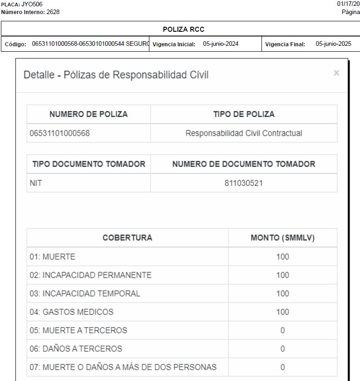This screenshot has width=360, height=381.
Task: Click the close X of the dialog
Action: [x=336, y=73]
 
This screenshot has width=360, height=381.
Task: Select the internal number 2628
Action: [x=53, y=12]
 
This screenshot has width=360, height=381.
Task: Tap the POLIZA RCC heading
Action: [x=183, y=29]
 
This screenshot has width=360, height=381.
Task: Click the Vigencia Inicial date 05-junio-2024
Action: [x=221, y=44]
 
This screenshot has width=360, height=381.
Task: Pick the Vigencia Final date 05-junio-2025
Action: [x=334, y=44]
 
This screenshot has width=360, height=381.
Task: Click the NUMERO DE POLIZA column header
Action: [x=89, y=114]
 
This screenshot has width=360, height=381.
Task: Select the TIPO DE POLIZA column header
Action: [x=244, y=114]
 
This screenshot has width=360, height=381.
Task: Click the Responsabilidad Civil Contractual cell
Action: [x=244, y=133]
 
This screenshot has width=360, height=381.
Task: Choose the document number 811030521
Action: [x=244, y=183]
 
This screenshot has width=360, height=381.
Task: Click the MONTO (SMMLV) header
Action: [x=282, y=238]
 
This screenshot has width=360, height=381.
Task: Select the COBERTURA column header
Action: [x=127, y=238]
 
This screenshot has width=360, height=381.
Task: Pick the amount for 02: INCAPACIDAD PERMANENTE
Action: [x=282, y=275]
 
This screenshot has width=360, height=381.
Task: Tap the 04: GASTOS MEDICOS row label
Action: [x=72, y=312]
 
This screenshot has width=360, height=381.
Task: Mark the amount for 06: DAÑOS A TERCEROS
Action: [x=282, y=349]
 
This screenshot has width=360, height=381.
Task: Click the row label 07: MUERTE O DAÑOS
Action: [x=123, y=367]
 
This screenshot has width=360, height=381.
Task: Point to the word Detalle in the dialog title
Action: [x=39, y=75]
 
